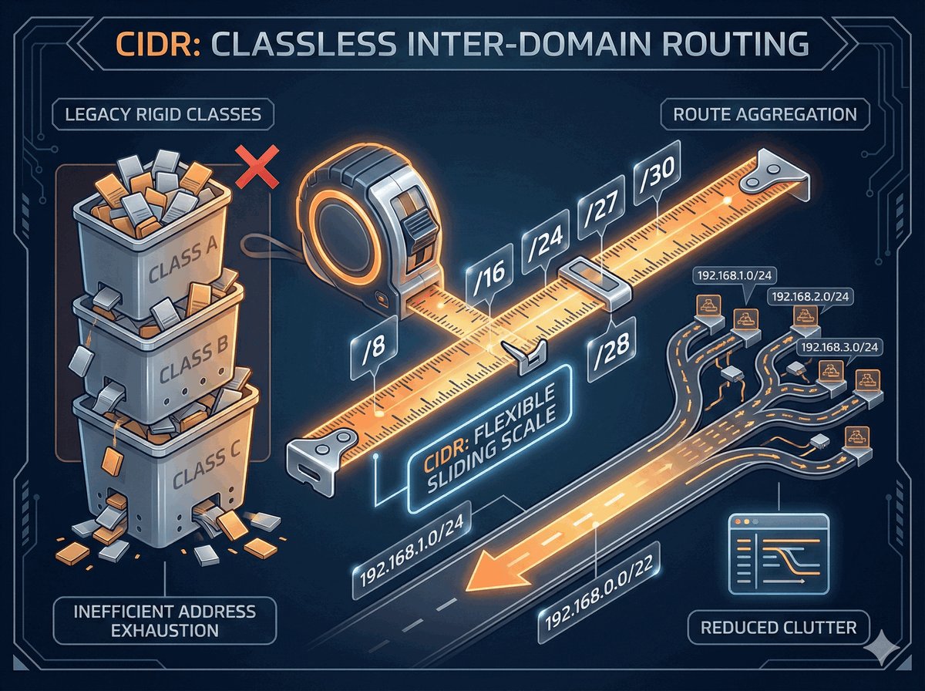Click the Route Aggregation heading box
pyautogui.click(x=759, y=115)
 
